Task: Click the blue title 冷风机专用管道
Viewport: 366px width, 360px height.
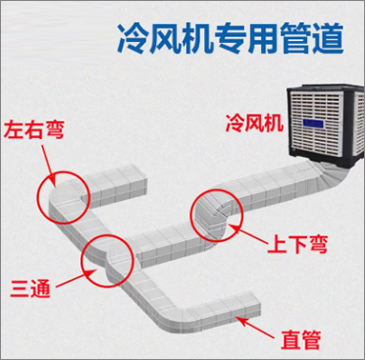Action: (x=231, y=38)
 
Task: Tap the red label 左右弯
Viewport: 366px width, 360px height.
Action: (x=34, y=130)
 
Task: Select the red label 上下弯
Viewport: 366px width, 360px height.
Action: (x=297, y=244)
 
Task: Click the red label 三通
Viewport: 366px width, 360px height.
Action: (x=30, y=289)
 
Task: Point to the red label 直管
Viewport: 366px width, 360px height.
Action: (x=300, y=339)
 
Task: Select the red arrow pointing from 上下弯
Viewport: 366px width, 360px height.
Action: (x=249, y=235)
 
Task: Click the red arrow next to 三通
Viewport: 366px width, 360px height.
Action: (x=76, y=279)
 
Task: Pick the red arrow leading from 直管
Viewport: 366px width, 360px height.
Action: (x=255, y=328)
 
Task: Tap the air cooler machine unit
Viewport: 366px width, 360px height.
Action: (x=326, y=125)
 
